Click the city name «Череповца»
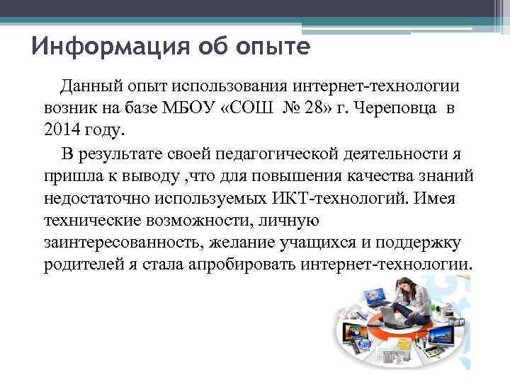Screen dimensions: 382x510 click(392, 108)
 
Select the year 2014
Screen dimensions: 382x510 click(59, 130)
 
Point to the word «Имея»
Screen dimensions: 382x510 click(439, 197)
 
